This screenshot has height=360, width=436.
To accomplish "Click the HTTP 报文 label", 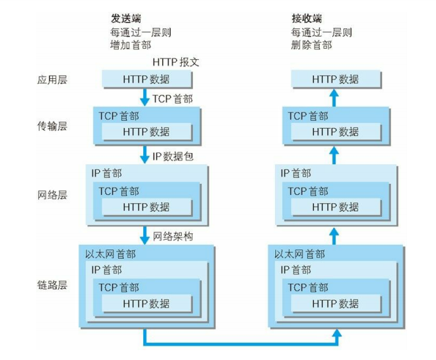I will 175,62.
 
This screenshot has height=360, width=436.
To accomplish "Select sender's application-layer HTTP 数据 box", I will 146,79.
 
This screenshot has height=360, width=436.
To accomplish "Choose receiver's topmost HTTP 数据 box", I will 336,79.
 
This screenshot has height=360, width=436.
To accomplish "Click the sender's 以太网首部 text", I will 111,254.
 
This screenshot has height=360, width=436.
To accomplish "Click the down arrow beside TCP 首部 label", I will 145,98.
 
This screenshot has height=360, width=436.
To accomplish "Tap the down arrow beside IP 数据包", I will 145,156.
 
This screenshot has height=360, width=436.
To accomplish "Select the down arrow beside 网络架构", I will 145,235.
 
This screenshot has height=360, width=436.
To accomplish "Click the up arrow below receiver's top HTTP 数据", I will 334,98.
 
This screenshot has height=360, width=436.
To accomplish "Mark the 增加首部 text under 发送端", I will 130,45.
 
